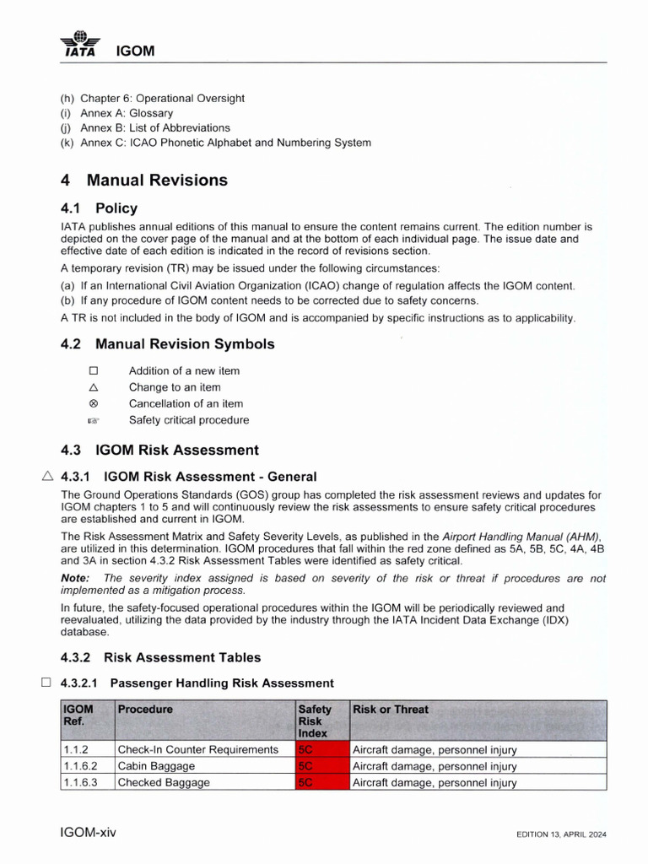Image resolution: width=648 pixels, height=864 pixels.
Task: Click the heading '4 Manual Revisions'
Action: [144, 180]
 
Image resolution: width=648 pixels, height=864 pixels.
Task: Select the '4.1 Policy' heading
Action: [99, 208]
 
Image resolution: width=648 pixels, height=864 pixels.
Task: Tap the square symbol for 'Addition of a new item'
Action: [94, 370]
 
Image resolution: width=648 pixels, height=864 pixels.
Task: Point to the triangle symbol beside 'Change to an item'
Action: [94, 387]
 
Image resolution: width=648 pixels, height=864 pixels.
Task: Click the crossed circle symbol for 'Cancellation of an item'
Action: [94, 403]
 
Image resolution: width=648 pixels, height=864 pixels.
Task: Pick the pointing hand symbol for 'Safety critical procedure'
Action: [94, 420]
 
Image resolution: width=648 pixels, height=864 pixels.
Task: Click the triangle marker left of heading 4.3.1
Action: [48, 476]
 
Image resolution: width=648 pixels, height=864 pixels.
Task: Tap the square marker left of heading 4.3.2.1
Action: [46, 683]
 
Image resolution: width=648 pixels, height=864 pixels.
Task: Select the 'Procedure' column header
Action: [145, 710]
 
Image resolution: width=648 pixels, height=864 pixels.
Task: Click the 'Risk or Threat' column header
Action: [390, 710]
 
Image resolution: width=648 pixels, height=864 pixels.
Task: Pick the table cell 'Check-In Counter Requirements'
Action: [197, 749]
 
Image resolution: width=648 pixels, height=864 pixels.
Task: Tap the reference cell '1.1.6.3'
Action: [80, 782]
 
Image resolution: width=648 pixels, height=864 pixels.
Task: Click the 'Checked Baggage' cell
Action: [164, 782]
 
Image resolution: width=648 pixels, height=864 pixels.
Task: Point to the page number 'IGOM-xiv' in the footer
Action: [89, 833]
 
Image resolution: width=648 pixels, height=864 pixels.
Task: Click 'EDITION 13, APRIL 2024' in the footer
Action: [561, 834]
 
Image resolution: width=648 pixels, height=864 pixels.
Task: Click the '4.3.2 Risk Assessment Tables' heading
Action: [160, 657]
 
